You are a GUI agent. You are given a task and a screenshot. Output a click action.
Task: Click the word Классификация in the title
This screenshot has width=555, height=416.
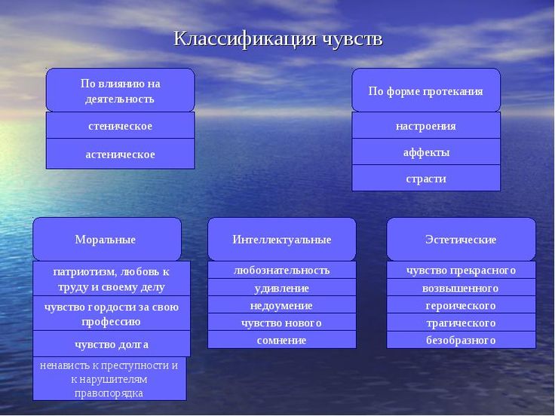pyautogui.click(x=244, y=39)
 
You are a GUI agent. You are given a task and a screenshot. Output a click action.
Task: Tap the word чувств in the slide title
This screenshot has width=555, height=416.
pyautogui.click(x=353, y=39)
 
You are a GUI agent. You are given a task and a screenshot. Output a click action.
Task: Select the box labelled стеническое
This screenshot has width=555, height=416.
pyautogui.click(x=121, y=125)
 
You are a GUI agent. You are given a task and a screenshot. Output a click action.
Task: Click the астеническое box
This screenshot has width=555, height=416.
pyautogui.click(x=121, y=154)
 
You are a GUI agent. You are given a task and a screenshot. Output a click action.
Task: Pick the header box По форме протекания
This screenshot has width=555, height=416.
pyautogui.click(x=426, y=90)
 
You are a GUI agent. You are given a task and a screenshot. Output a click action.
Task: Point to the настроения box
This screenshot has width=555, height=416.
pyautogui.click(x=426, y=125)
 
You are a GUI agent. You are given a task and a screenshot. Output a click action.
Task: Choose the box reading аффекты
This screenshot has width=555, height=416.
pyautogui.click(x=426, y=151)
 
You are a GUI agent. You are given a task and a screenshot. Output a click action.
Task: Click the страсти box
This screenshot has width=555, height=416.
pyautogui.click(x=426, y=178)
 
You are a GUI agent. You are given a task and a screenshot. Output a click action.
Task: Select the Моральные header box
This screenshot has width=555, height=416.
pyautogui.click(x=107, y=239)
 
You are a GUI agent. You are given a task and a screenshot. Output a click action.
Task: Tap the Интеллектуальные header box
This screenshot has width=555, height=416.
pyautogui.click(x=282, y=239)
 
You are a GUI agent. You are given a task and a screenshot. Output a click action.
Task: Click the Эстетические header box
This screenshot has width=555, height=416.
pyautogui.click(x=461, y=239)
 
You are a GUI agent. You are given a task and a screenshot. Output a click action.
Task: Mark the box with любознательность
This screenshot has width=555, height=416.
pyautogui.click(x=282, y=270)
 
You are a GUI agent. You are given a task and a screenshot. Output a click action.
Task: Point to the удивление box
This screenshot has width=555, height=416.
pyautogui.click(x=282, y=287)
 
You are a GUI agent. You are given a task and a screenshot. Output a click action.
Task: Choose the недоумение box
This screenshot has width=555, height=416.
pyautogui.click(x=282, y=304)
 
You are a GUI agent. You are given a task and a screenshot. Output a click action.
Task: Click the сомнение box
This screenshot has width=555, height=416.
pyautogui.click(x=282, y=340)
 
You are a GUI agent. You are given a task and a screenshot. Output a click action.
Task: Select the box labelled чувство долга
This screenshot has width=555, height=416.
pyautogui.click(x=112, y=344)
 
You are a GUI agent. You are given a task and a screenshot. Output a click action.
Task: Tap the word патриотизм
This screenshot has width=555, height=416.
pyautogui.click(x=85, y=271)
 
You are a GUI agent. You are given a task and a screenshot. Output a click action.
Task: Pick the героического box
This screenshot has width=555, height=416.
pyautogui.click(x=461, y=304)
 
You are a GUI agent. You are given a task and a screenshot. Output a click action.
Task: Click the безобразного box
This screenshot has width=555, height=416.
pyautogui.click(x=461, y=340)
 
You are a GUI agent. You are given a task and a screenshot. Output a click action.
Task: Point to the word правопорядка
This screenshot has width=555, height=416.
pyautogui.click(x=109, y=393)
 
